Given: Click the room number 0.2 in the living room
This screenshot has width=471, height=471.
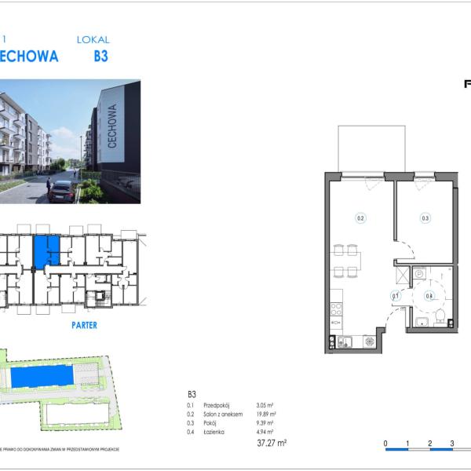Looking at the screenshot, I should [361, 219].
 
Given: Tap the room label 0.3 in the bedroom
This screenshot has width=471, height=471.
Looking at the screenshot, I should [425, 219].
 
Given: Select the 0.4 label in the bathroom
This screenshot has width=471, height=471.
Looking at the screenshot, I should [429, 296].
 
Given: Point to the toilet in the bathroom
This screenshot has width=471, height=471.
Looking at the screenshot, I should [440, 316].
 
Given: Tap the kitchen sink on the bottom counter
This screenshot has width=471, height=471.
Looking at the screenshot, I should [344, 341].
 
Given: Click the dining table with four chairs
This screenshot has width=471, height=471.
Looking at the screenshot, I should [347, 261].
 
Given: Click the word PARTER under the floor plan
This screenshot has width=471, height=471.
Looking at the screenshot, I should [84, 325].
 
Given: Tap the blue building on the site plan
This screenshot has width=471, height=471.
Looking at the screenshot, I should [44, 376].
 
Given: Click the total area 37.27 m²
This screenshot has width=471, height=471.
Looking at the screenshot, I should [272, 443].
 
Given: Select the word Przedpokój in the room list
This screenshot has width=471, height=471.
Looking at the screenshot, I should [216, 406].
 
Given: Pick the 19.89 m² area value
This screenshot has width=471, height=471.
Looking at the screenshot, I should [266, 414].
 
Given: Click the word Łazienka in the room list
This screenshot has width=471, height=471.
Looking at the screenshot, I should [214, 431].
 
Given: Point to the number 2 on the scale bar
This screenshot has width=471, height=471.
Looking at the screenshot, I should [430, 444].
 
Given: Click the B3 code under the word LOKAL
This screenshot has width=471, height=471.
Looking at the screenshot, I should [100, 57].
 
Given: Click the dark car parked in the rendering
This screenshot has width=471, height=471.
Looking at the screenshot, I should [61, 191].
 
